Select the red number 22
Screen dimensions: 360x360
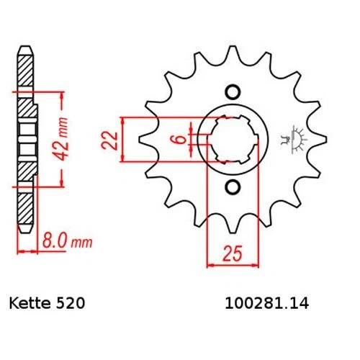point(109,140)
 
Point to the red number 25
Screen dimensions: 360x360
point(233,253)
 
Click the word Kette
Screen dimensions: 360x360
point(30,303)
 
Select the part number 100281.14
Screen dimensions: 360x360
point(266,303)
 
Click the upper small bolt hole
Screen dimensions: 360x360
point(233,92)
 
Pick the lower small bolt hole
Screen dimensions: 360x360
point(233,186)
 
